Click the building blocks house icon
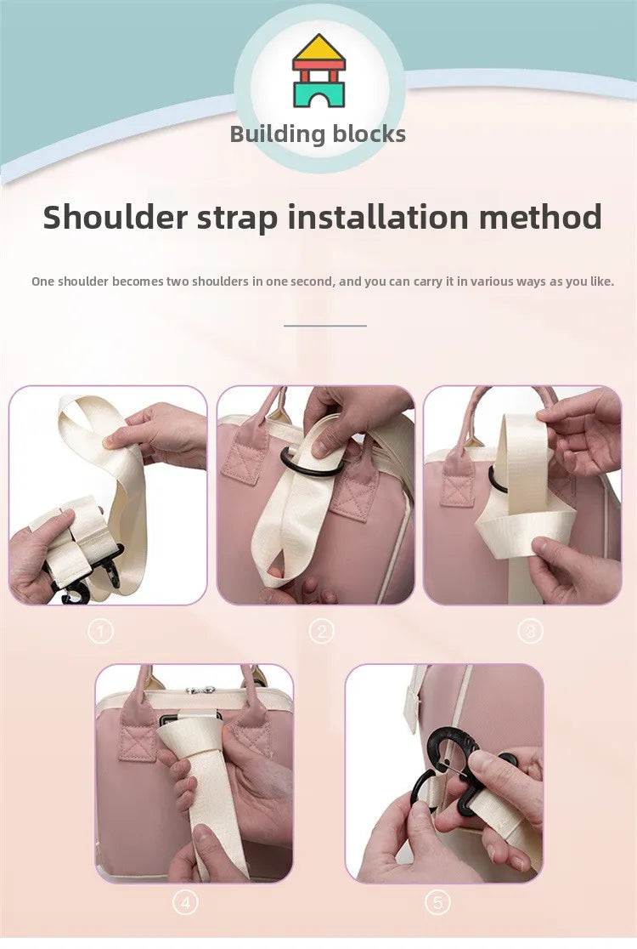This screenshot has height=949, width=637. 318,71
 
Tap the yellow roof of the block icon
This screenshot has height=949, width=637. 318,49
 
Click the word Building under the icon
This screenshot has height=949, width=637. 278,134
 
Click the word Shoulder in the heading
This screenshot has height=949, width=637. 115,217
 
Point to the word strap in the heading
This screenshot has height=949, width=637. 238,219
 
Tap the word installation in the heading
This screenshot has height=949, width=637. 378,217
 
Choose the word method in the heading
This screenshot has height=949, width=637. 540,217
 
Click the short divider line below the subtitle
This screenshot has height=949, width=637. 325,326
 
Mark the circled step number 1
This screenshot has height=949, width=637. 100,632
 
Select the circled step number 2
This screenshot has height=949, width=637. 321,632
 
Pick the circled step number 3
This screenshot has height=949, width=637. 530,632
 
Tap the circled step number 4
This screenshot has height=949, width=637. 185,903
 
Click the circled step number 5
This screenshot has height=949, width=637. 437,903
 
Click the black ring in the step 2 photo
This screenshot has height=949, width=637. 308,470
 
